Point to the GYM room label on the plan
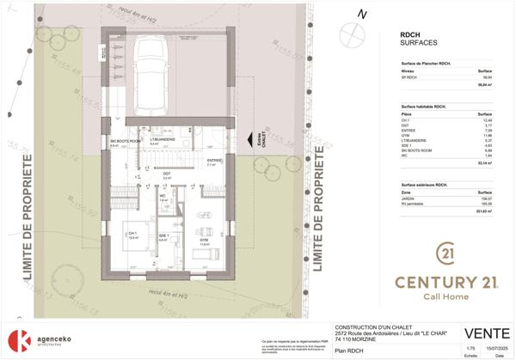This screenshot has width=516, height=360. tap(205, 241)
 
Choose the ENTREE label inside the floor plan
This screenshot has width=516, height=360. tap(214, 161)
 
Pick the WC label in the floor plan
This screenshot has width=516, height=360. tap(161, 195)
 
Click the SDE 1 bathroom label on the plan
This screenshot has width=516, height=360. tap(163, 237)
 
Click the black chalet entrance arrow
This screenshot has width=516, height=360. tap(249, 141)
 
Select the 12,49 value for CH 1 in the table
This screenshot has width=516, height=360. tap(483, 119)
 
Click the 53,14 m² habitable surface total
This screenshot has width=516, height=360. tap(482, 162)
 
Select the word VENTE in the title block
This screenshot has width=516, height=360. tap(483, 333)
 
